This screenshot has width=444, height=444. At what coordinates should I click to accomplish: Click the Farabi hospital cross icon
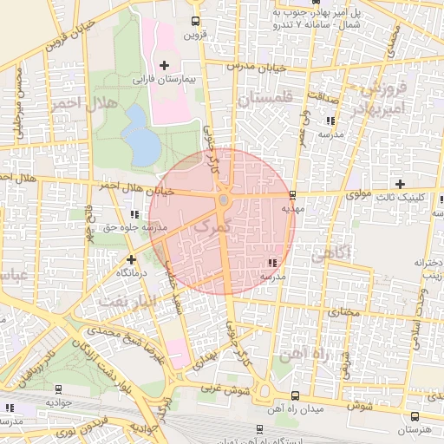tap(164, 65)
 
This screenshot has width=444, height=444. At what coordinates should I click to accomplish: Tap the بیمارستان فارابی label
tap(164, 79)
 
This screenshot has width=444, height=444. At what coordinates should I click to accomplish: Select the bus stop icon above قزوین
tap(195, 22)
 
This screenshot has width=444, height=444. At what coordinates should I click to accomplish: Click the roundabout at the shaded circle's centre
tap(223, 201)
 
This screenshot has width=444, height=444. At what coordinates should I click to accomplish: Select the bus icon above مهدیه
tap(292, 195)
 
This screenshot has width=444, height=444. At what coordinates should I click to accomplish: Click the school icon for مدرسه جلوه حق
tap(133, 214)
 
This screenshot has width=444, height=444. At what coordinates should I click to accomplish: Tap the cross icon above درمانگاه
tap(131, 258)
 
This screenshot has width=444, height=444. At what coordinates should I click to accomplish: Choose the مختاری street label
tap(345, 310)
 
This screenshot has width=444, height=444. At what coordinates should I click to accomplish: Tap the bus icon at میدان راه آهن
tap(294, 395)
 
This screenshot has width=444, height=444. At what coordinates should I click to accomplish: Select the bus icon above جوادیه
tap(57, 389)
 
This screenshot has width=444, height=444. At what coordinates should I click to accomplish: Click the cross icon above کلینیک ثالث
tap(399, 184)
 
